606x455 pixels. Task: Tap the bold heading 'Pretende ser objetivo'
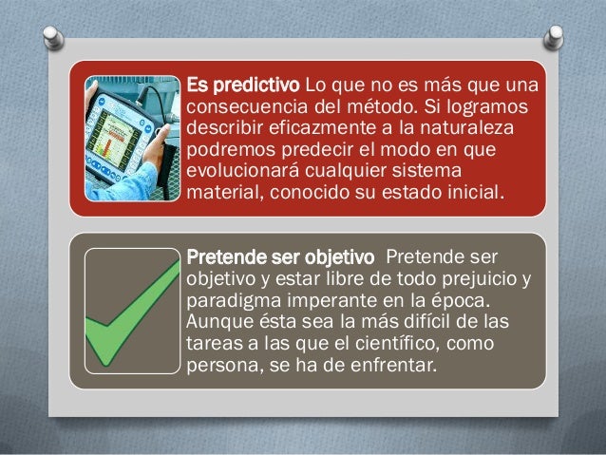point(283,257)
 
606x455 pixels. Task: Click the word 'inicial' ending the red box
point(482,199)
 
